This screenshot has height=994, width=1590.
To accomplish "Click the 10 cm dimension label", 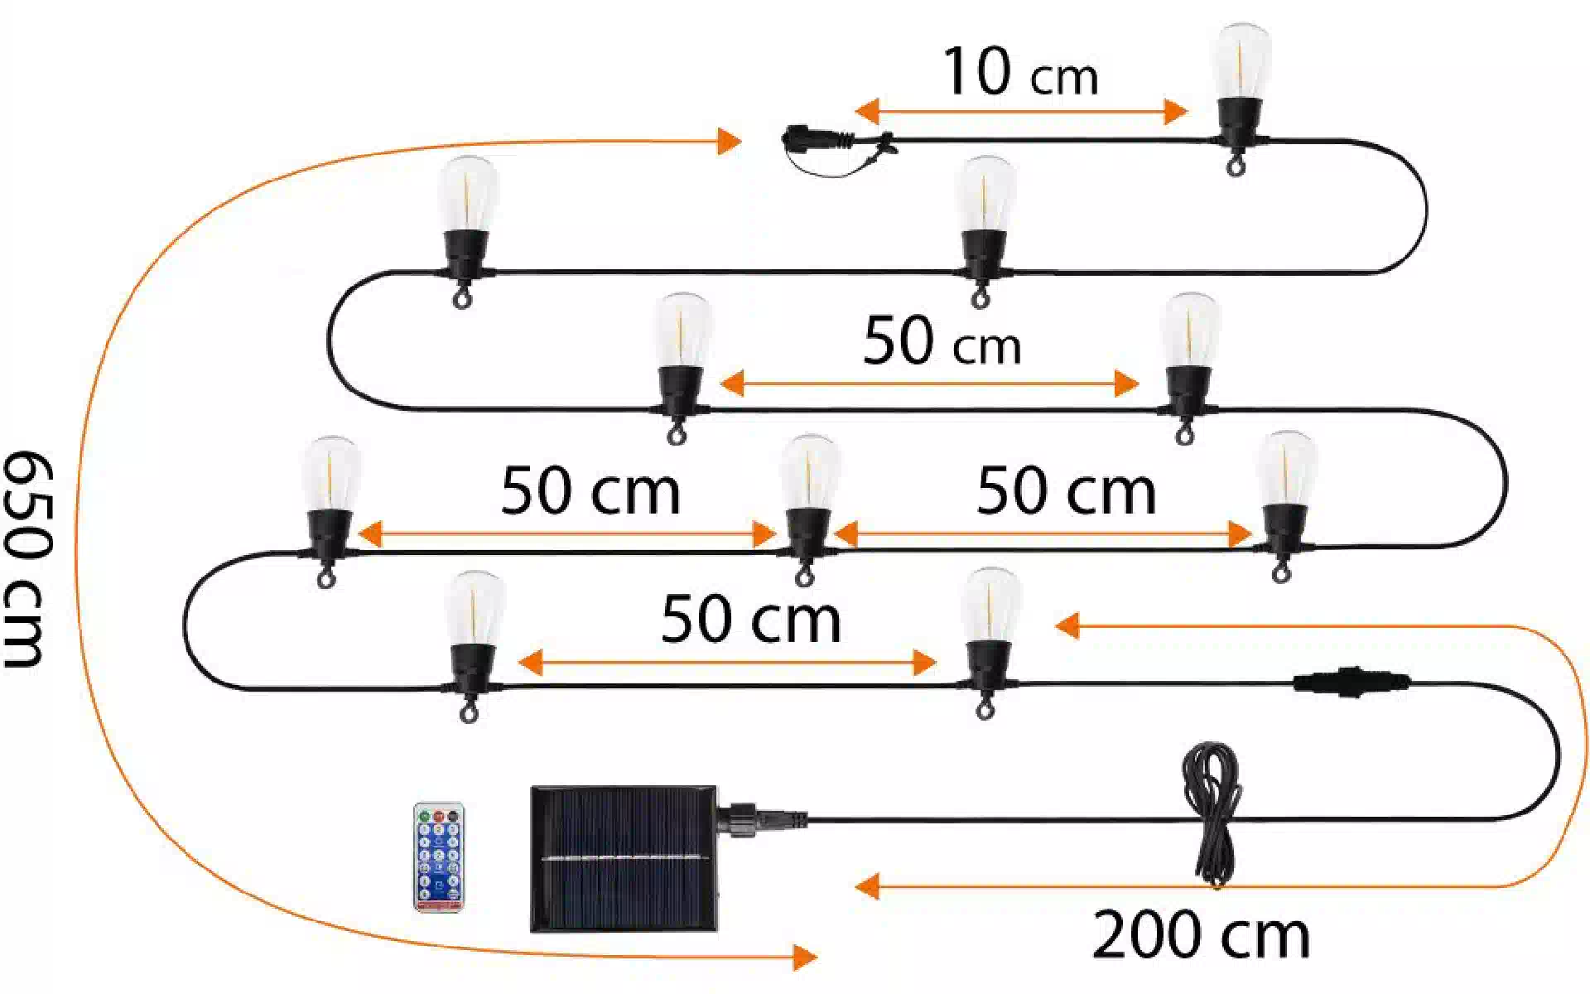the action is (x=1020, y=72).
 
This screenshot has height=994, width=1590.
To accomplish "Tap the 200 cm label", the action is (x=1201, y=934).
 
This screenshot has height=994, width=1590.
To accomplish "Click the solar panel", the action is (x=624, y=859).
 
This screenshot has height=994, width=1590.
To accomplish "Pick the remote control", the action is (x=439, y=857).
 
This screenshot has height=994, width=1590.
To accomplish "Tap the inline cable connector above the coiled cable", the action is (x=1351, y=682).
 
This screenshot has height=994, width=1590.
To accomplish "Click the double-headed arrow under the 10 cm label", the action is (x=1021, y=111).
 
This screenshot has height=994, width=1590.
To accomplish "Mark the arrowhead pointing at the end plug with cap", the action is (x=729, y=141).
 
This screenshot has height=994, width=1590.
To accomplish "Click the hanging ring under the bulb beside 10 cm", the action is (x=1236, y=168).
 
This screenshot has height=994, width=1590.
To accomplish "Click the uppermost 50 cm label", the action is (x=942, y=341).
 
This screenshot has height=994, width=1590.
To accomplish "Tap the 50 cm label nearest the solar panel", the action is (x=750, y=620).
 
